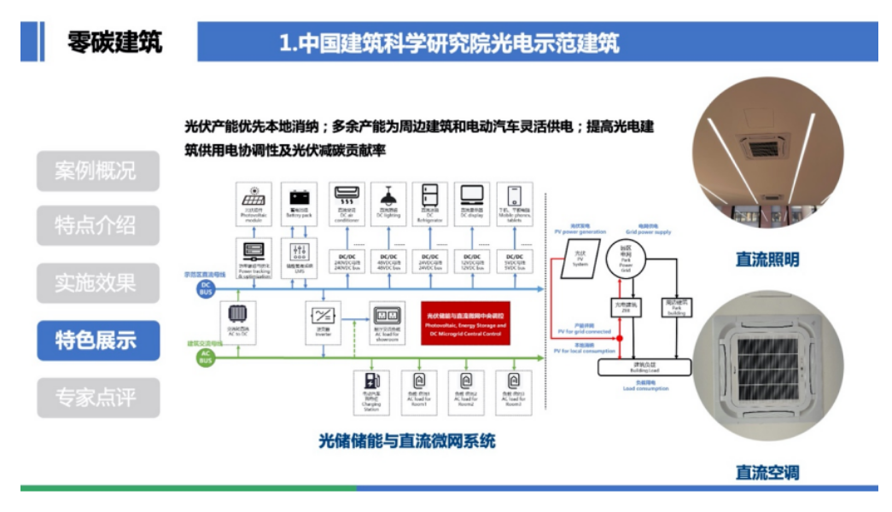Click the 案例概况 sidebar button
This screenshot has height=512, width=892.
pyautogui.click(x=98, y=171)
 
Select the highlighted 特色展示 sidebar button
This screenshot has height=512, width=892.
pyautogui.click(x=98, y=340)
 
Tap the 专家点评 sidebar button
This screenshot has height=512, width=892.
pyautogui.click(x=98, y=398)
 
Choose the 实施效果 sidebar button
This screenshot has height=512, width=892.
pyautogui.click(x=98, y=284)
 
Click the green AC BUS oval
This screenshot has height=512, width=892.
pyautogui.click(x=206, y=356)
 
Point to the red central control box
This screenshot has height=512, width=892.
pyautogui.click(x=465, y=322)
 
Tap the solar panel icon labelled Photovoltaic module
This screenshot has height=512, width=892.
pyautogui.click(x=255, y=202)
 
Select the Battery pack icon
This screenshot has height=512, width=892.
pyautogui.click(x=299, y=202)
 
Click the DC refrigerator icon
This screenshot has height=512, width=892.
pyautogui.click(x=429, y=202)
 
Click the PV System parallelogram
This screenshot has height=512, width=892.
pyautogui.click(x=580, y=258)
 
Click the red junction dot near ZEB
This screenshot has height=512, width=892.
pyautogui.click(x=620, y=339)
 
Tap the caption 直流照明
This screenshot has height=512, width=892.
pyautogui.click(x=767, y=259)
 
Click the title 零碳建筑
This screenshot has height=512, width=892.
pyautogui.click(x=114, y=42)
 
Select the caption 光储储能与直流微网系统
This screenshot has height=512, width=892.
pyautogui.click(x=407, y=441)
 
